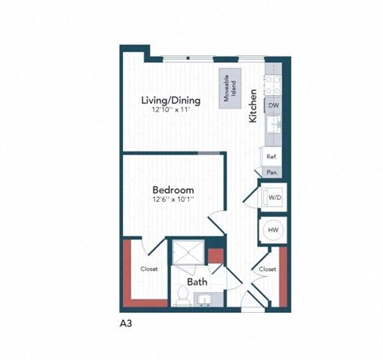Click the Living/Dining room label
coord(170,101)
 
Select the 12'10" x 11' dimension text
coord(170,112)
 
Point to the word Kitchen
coord(252,104)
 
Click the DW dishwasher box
coord(273,105)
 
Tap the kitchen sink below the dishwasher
coord(273,126)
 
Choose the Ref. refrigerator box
coord(272,157)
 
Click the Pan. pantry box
coord(272,171)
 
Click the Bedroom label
coord(173,190)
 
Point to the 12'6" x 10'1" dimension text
coord(173,200)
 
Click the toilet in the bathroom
coord(181,296)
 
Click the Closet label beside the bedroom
coord(148,269)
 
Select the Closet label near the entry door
coord(267,269)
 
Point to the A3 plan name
coord(126,324)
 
